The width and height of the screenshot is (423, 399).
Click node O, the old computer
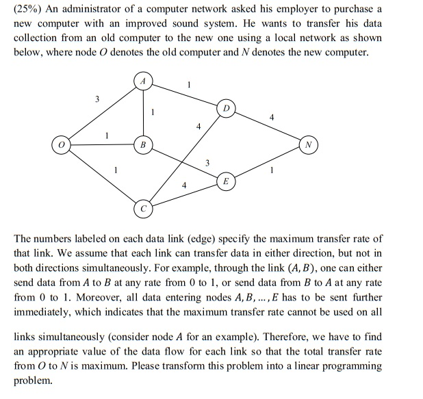[x=62, y=145]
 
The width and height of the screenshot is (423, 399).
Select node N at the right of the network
[x=309, y=145]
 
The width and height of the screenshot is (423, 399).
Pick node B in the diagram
[x=143, y=145]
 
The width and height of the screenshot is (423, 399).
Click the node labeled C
[x=143, y=208]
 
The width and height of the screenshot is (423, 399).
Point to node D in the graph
[x=226, y=110]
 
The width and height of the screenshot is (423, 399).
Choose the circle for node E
[x=226, y=181]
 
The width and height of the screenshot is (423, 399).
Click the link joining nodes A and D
[x=185, y=94]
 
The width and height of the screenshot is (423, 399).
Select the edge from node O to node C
[x=102, y=176]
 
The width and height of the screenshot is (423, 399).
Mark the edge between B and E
[x=185, y=164]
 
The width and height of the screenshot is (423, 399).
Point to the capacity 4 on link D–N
[x=272, y=117]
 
